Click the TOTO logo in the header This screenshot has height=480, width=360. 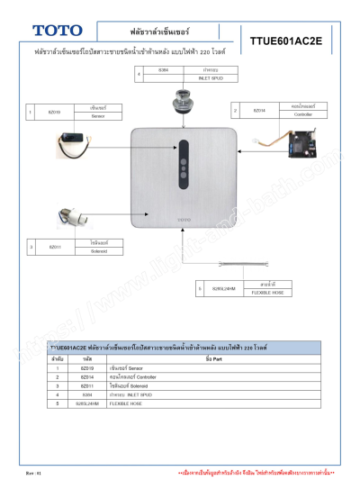coord(55,31)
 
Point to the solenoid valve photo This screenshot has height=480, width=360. coord(73,216)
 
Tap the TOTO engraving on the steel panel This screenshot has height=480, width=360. coord(184,219)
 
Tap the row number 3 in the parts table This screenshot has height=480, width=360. coord(57,385)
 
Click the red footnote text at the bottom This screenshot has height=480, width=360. coord(256,472)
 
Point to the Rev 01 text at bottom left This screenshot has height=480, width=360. coord(33,472)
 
